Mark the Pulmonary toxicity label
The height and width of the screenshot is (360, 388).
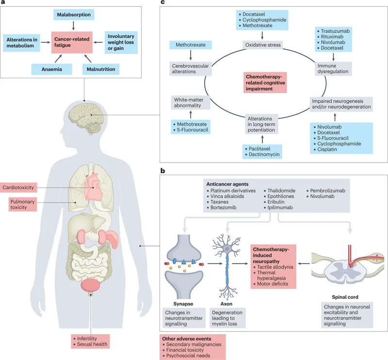pyautogui.click(x=21, y=204)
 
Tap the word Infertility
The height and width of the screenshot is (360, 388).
pyautogui.click(x=86, y=338)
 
